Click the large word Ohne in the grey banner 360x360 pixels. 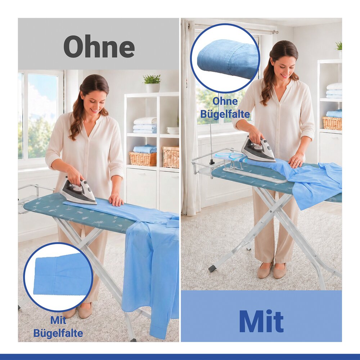[99, 46]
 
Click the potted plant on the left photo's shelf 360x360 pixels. [152, 83]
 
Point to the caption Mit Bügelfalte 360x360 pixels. [58, 327]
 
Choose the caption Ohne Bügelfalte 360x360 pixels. [225, 108]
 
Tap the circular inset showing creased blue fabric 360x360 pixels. [58, 277]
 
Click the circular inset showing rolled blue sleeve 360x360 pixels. [225, 58]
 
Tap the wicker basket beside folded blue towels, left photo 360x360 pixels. [143, 159]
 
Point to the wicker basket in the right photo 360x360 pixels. [332, 123]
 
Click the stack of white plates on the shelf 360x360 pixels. [173, 130]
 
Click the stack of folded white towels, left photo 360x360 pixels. [145, 125]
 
